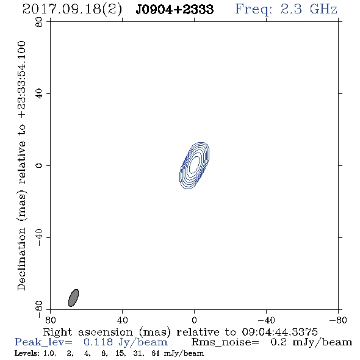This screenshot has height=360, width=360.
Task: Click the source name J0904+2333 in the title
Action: [175, 10]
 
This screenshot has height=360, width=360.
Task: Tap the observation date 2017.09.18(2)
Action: [72, 10]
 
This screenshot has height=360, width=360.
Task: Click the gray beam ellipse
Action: [73, 298]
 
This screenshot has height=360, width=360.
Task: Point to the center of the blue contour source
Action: [194, 165]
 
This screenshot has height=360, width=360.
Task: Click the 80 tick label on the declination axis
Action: [39, 22]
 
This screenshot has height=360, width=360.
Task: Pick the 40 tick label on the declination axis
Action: [39, 94]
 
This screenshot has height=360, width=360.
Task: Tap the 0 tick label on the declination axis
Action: [39, 165]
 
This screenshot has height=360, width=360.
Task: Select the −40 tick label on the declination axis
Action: [39, 237]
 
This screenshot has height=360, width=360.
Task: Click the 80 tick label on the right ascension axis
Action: [50, 320]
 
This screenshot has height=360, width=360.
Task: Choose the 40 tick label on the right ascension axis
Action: [123, 320]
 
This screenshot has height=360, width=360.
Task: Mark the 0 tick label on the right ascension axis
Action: [194, 320]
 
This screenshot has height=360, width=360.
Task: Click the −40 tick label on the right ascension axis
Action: [266, 320]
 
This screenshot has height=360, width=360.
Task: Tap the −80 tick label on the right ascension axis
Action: [338, 320]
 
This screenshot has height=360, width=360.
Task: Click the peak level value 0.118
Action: [98, 342]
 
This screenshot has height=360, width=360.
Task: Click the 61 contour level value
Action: [156, 353]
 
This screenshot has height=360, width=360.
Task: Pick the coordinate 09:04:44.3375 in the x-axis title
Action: [279, 332]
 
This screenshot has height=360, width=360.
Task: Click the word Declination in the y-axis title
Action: [21, 259]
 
